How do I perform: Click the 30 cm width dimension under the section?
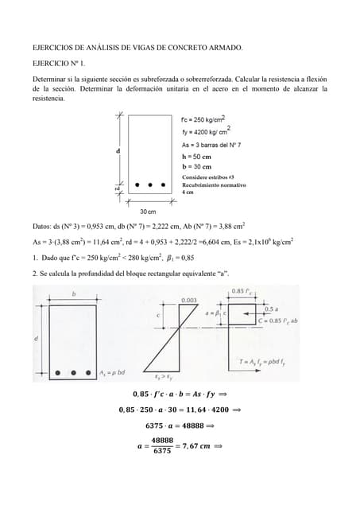coord(148,212)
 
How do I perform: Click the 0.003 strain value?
coord(189,301)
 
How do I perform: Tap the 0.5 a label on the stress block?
coord(270,309)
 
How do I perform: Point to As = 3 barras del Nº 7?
coord(211,145)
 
